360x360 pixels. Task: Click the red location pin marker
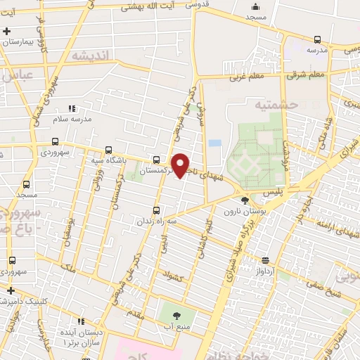(181, 165)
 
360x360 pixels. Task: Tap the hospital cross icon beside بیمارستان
(6, 31)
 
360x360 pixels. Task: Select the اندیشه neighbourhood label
(91, 56)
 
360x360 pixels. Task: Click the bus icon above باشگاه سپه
(108, 149)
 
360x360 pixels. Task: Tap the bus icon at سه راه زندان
(156, 210)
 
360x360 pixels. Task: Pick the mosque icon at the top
(254, 6)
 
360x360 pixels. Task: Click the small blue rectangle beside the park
(214, 143)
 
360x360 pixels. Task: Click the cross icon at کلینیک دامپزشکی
(10, 290)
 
